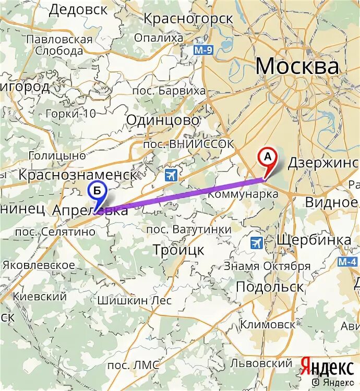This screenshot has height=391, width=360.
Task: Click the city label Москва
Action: [x=297, y=67]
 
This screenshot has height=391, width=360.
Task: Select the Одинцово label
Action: [x=163, y=120]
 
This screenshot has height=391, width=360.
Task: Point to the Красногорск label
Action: [x=188, y=19]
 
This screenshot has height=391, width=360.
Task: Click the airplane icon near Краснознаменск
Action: [x=171, y=175]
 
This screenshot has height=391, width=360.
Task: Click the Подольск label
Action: [x=270, y=287]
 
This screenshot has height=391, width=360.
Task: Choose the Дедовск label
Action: [x=79, y=9]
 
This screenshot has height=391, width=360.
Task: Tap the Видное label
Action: [x=331, y=202]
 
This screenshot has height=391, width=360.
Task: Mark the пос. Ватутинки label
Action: [x=188, y=229]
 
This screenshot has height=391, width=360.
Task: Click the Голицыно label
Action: [x=57, y=155]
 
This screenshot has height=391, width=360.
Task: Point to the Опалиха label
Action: [x=159, y=38]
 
